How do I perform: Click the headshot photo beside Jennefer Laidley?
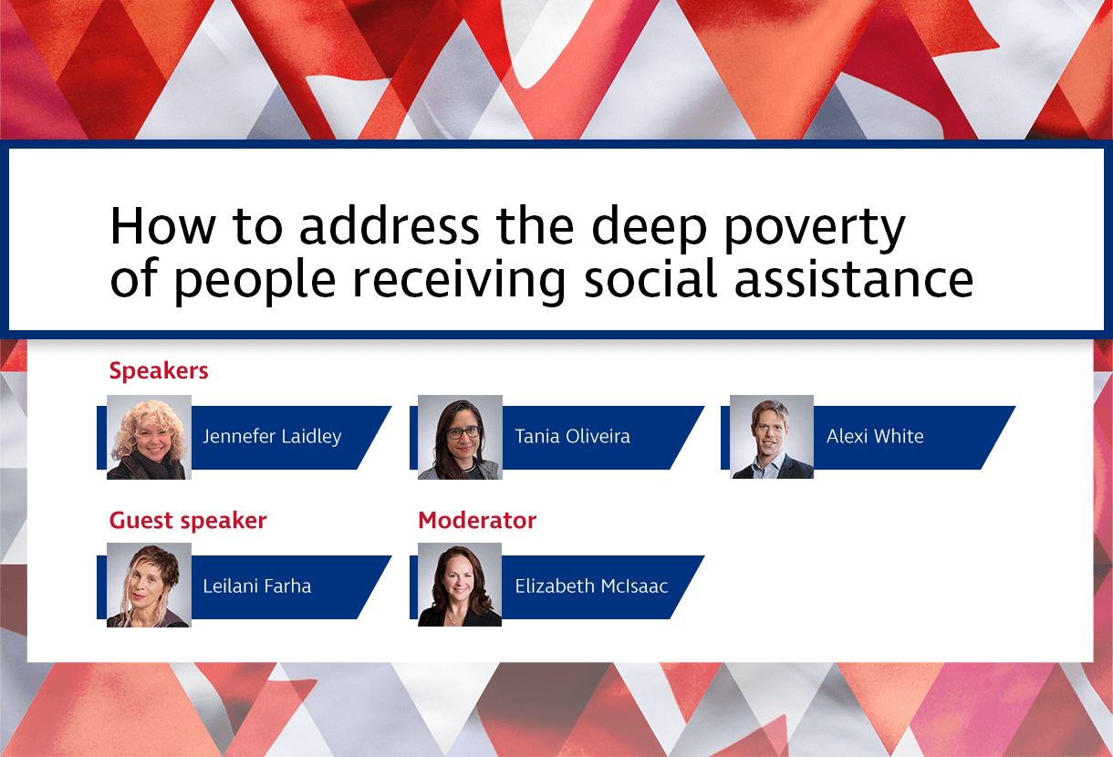pyautogui.click(x=149, y=437)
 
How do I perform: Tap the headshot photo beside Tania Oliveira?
pyautogui.click(x=460, y=437)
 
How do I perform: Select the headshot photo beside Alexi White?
pyautogui.click(x=772, y=437)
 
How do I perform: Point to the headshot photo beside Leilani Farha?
pyautogui.click(x=149, y=585)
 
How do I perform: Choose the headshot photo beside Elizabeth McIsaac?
pyautogui.click(x=460, y=585)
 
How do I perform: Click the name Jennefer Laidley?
pyautogui.click(x=272, y=436)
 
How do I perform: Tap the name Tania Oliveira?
pyautogui.click(x=572, y=436)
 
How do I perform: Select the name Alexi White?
pyautogui.click(x=875, y=436)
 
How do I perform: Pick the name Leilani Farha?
pyautogui.click(x=257, y=586)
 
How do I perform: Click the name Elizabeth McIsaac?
pyautogui.click(x=591, y=586)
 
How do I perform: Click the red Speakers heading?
pyautogui.click(x=159, y=371)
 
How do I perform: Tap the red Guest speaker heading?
pyautogui.click(x=188, y=521)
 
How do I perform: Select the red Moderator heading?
pyautogui.click(x=477, y=521)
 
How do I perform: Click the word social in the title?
pyautogui.click(x=649, y=279)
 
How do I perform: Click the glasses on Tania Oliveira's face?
pyautogui.click(x=463, y=431)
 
